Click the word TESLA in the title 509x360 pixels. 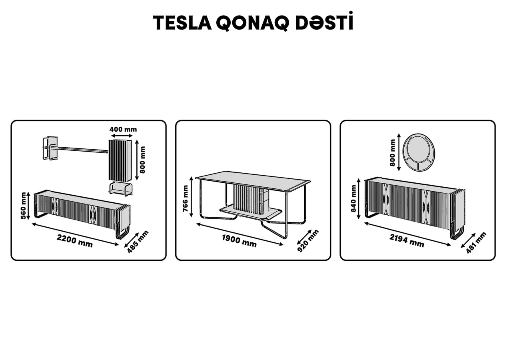click(x=182, y=23)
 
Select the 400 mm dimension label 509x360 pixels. click(x=123, y=129)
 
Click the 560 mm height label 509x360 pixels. click(x=24, y=206)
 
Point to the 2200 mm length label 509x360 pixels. click(x=75, y=241)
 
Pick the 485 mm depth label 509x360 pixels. click(x=138, y=242)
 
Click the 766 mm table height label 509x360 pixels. click(x=186, y=198)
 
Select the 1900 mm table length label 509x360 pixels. click(x=239, y=241)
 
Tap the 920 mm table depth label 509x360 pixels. click(x=308, y=241)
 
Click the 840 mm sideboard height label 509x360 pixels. click(x=353, y=198)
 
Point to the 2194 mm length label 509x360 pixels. click(x=407, y=240)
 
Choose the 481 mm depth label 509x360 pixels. click(x=476, y=242)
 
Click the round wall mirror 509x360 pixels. click(x=419, y=152)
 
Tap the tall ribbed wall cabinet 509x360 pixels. click(x=120, y=161)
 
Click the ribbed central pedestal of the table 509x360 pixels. click(x=251, y=200)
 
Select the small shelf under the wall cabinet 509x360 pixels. click(x=121, y=188)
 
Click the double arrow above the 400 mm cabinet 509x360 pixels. click(x=122, y=136)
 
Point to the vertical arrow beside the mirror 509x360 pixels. click(x=399, y=152)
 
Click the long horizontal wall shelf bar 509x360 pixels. click(x=81, y=150)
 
